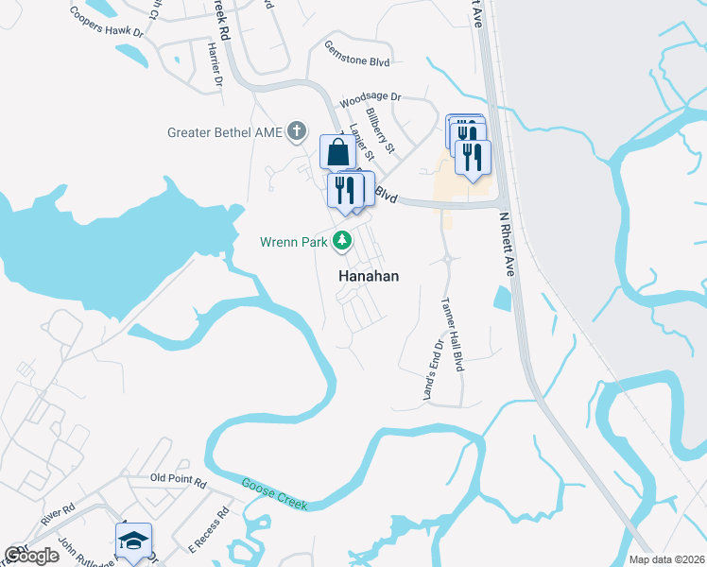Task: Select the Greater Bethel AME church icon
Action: tap(297, 131)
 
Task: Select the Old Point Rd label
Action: tap(178, 481)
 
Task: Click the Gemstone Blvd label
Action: tap(355, 54)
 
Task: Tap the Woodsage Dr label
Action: tap(371, 97)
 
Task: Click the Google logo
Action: tap(31, 556)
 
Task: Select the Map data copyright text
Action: tap(667, 559)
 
